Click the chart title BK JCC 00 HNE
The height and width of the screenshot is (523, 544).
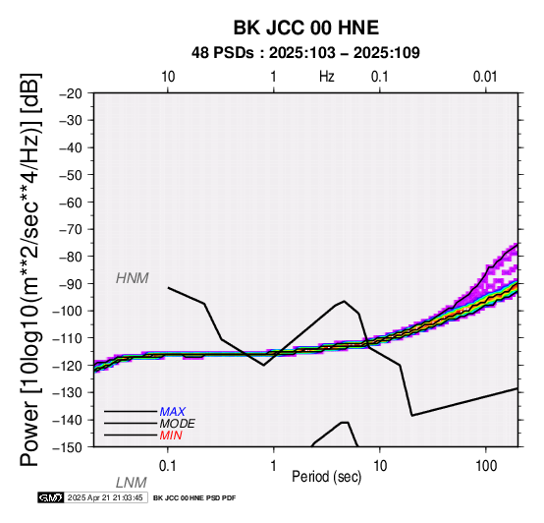pos(306,28)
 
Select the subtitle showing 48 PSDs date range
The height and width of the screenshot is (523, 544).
pos(305,53)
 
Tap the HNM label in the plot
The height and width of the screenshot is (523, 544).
pos(133,278)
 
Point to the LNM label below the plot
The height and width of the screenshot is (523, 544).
pos(132,483)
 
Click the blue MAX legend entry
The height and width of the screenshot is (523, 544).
pos(173,412)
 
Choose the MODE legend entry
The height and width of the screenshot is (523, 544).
pos(178,424)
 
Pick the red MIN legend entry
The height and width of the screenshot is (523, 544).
pos(171,436)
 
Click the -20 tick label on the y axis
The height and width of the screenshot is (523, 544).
pos(71,93)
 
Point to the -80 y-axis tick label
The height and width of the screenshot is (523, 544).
pos(71,257)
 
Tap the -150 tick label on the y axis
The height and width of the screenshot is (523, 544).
pos(68,447)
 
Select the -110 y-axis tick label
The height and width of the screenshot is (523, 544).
pos(68,338)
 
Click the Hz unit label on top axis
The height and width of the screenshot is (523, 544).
pos(327,77)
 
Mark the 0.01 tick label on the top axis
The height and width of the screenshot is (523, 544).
pos(485,77)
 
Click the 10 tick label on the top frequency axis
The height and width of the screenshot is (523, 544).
pos(168,77)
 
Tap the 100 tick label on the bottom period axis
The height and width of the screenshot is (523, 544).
pos(486,466)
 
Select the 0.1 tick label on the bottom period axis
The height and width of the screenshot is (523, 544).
pos(168,466)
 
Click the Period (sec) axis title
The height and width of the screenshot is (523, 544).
pos(326,477)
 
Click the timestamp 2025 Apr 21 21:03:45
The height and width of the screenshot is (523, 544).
pos(105,497)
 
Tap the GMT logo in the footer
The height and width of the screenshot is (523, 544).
pos(51,497)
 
